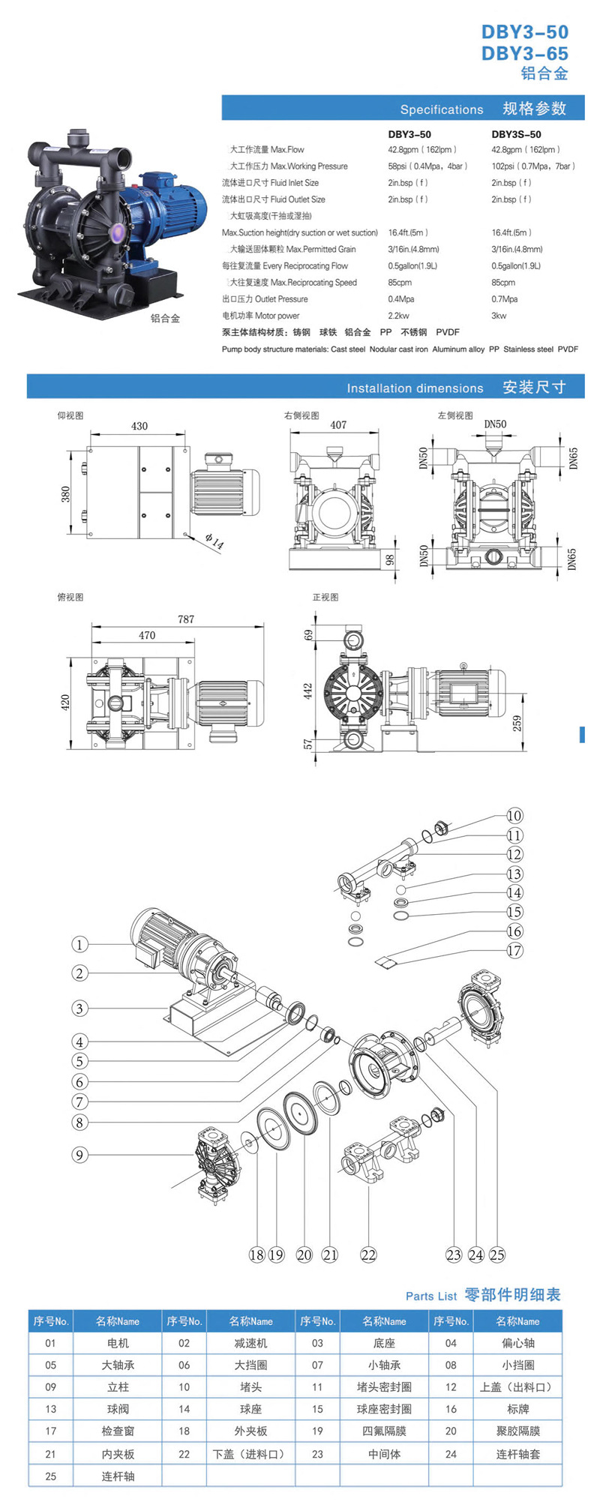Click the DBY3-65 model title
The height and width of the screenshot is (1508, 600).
coord(524,53)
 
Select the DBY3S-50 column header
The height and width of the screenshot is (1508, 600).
coord(516,134)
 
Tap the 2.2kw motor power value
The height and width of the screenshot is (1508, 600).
coord(398,316)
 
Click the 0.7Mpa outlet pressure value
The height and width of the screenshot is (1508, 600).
coord(504,299)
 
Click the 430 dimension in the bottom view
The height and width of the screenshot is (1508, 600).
coord(139,426)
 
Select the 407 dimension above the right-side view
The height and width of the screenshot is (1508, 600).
coord(338,425)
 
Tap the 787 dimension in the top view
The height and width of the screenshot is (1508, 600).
coord(186,619)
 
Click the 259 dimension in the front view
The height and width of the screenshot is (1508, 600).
coord(517,723)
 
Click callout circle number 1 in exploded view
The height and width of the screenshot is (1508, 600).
coord(79,945)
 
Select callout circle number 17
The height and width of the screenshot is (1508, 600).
coord(514,951)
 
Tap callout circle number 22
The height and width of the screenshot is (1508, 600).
coord(368,1255)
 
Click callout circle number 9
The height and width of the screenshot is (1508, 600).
coord(79,1156)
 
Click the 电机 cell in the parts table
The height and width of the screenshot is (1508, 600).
coord(118,1343)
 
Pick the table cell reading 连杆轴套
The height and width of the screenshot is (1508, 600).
coord(517,1454)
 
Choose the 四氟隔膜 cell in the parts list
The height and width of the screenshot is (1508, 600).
coord(384,1431)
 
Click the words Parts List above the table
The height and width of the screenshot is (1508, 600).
coord(430,1296)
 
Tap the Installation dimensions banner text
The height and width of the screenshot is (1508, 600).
coord(415,388)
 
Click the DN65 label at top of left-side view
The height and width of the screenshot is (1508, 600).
coord(573,458)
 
